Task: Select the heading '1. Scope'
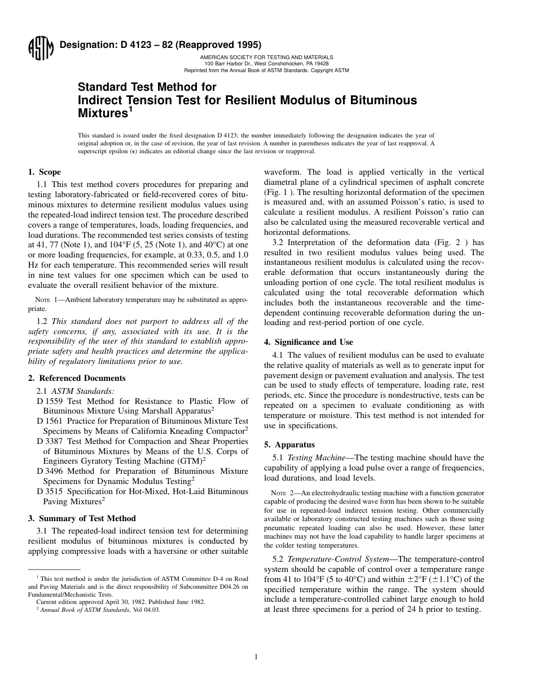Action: click(45, 172)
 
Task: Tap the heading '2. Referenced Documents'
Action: click(77, 378)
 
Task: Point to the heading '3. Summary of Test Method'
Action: click(82, 518)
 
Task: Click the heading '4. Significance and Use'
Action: click(309, 342)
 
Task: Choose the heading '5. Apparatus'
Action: click(289, 445)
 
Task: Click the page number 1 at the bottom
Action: click(256, 656)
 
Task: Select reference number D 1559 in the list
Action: click(50, 401)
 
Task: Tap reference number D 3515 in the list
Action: click(50, 491)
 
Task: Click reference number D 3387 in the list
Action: click(50, 441)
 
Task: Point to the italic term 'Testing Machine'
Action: click(317, 457)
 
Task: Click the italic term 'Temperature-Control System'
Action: click(336, 559)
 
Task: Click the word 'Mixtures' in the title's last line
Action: click(102, 114)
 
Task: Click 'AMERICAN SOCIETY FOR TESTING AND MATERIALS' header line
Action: click(266, 57)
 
